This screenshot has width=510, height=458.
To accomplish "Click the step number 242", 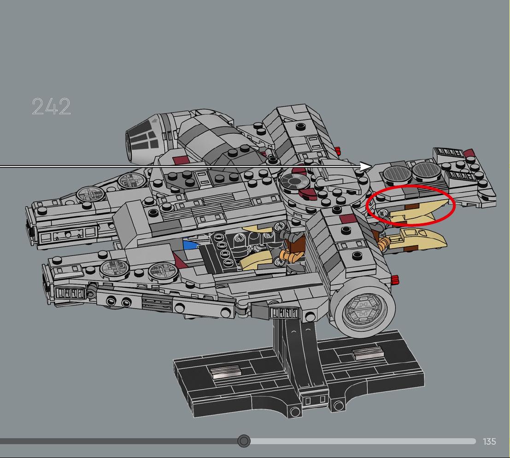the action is tap(52, 107).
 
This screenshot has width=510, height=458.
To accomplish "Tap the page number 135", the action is tap(489, 441).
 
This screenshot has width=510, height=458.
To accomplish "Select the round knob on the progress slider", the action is tap(244, 441).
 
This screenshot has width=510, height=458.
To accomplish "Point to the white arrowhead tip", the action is tap(370, 167).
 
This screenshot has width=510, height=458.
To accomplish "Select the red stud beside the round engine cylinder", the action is tap(395, 280).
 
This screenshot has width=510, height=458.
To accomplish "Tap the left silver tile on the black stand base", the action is tap(226, 371).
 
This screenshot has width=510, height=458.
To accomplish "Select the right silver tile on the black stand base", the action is tap(368, 353).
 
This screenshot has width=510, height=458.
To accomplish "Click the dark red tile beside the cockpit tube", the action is tap(181, 160).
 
